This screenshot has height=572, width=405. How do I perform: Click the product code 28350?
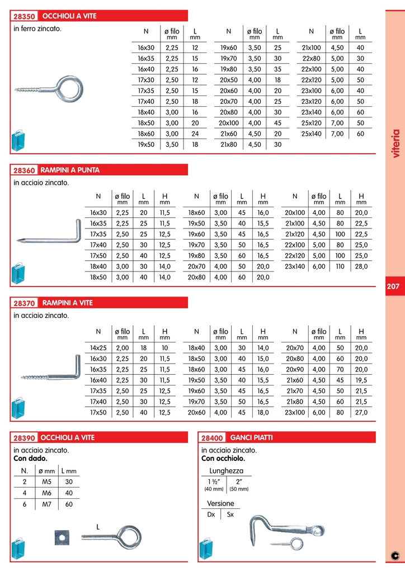(23, 16)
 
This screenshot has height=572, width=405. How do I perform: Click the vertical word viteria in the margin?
(396, 144)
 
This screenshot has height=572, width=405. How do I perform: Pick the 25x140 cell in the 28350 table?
(312, 134)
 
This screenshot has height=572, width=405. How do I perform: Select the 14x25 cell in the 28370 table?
(98, 347)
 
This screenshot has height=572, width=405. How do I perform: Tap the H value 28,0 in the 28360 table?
(361, 266)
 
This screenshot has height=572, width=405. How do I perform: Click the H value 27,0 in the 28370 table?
(361, 413)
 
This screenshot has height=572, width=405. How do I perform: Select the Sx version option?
(230, 514)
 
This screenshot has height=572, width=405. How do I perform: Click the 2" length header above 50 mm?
(239, 482)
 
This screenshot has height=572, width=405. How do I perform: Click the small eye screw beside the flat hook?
(293, 543)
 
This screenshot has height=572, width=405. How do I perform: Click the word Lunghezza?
(226, 471)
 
